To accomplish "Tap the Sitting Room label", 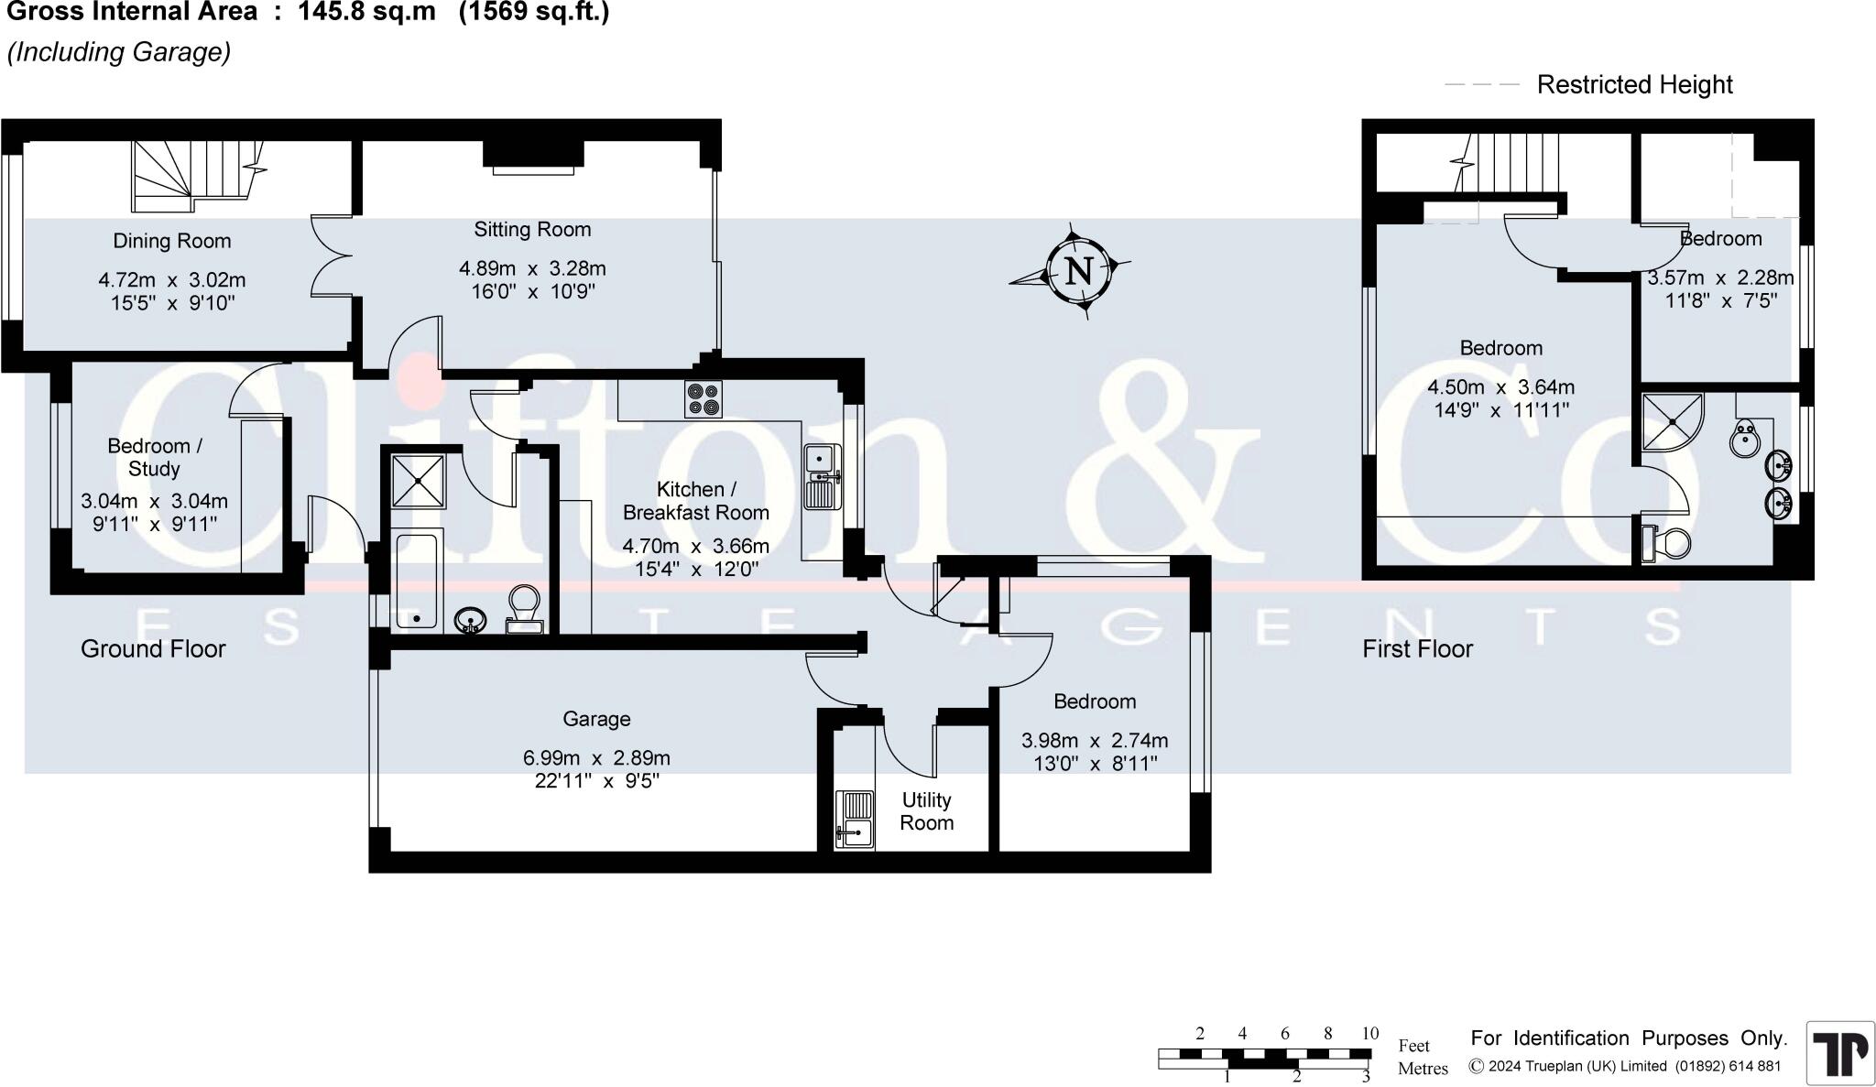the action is (x=532, y=229).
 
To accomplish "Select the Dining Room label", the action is (x=171, y=241).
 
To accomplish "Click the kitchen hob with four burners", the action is (x=703, y=399).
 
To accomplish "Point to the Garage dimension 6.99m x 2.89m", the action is (x=596, y=758).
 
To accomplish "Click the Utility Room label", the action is (x=926, y=811).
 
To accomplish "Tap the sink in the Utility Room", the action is (x=855, y=819).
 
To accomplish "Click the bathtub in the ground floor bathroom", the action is (x=417, y=581).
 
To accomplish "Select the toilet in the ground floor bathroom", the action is (x=525, y=610).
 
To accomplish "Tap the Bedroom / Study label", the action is (x=154, y=457).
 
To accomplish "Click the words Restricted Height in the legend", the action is (x=1634, y=85).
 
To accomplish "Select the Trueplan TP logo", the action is (x=1839, y=1052).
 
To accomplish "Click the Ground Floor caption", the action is (x=153, y=648).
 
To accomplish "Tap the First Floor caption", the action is (x=1417, y=648).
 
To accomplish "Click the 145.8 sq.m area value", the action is (x=366, y=13).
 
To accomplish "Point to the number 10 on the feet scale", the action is (x=1369, y=1033).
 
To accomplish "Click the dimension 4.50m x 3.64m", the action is (x=1500, y=387).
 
